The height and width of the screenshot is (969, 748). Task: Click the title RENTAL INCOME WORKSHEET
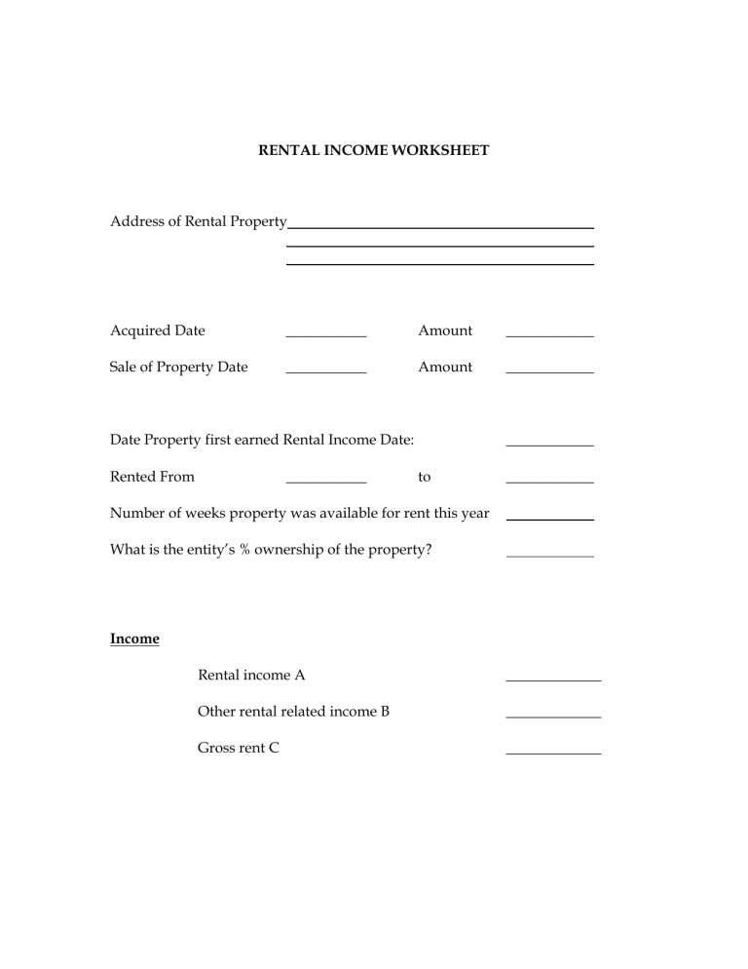373,151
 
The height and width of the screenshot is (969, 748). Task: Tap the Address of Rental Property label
198,221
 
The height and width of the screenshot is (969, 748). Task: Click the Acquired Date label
158,330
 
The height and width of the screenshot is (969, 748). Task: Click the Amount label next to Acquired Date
445,330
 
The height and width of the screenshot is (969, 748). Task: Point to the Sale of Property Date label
179,368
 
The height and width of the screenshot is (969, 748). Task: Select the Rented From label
152,477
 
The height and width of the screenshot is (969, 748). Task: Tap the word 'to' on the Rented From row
425,478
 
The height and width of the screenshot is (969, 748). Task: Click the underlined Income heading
134,640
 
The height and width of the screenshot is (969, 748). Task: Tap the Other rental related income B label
293,712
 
